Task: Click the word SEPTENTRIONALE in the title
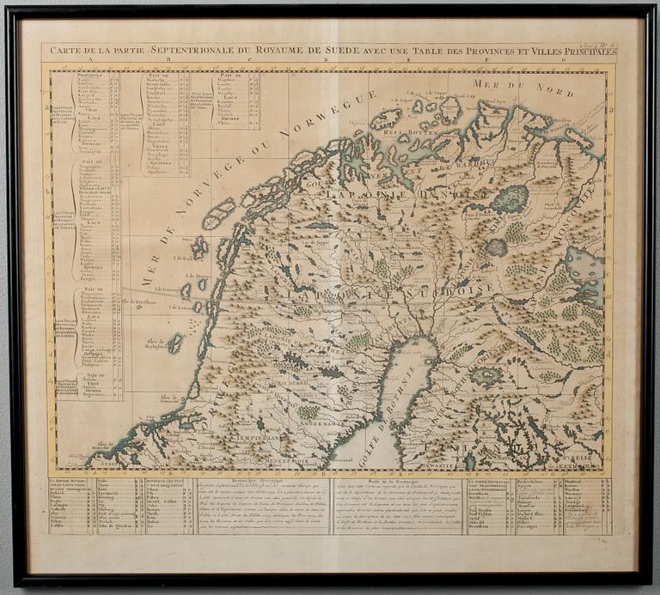(x=186, y=51)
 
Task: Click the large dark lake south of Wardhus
(x=510, y=199)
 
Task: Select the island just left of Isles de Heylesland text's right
(x=175, y=343)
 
